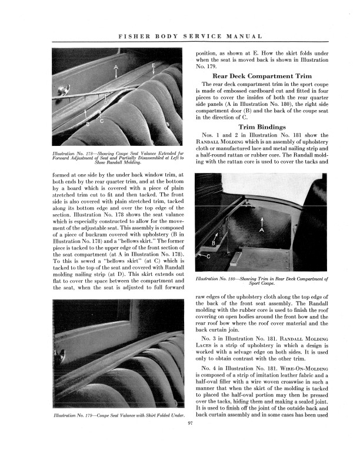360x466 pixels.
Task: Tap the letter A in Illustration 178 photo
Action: coord(116,67)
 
